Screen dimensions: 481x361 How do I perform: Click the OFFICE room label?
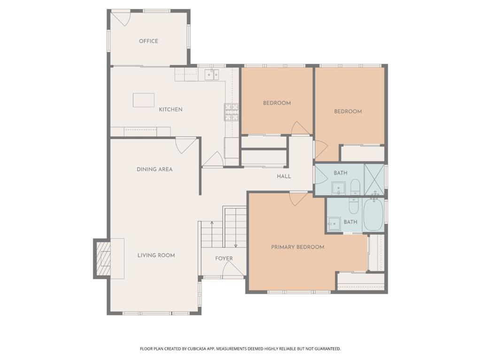148,41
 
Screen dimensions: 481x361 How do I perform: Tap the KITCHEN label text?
171,109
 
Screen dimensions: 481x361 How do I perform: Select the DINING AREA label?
155,169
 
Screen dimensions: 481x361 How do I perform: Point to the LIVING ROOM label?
156,255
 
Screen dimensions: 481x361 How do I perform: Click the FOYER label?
224,259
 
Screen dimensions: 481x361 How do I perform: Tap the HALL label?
284,176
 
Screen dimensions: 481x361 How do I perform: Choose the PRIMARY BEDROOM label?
297,247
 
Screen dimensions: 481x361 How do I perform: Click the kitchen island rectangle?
144,100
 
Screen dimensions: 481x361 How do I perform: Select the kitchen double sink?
212,74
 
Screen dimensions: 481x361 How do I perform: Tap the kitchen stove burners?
232,112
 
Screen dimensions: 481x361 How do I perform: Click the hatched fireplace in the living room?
102,259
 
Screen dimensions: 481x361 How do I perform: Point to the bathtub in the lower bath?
373,214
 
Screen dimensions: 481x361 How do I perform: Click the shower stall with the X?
374,180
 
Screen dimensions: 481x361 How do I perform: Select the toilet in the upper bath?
355,186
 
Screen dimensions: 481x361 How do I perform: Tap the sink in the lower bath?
334,223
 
